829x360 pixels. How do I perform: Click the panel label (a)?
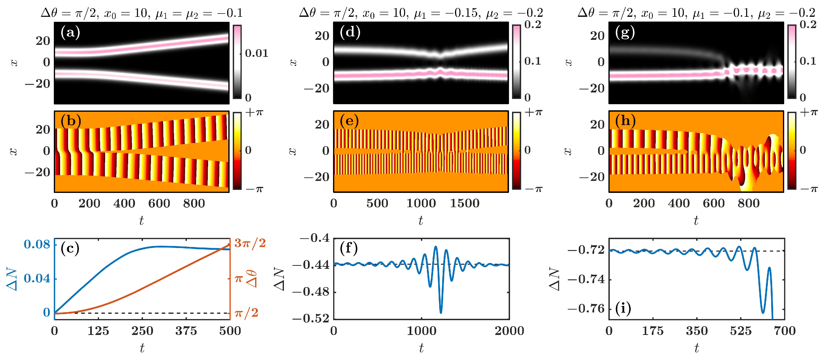click(70, 33)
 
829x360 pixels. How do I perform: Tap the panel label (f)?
click(349, 248)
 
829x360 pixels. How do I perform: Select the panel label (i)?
click(623, 308)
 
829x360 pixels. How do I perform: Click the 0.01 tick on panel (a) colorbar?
click(256, 53)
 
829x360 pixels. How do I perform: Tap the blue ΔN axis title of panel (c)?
click(12, 279)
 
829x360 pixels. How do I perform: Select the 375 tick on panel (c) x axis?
click(186, 331)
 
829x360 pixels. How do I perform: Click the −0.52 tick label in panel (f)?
click(311, 318)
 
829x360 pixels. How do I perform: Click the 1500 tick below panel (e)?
click(464, 203)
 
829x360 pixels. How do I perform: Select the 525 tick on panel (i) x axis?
click(741, 331)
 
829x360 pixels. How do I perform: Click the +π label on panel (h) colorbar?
click(808, 112)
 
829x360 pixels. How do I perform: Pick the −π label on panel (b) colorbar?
click(254, 189)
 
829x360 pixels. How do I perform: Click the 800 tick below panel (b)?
click(194, 203)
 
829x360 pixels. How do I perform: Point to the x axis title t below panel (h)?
click(696, 221)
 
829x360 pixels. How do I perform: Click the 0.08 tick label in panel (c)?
click(37, 245)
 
